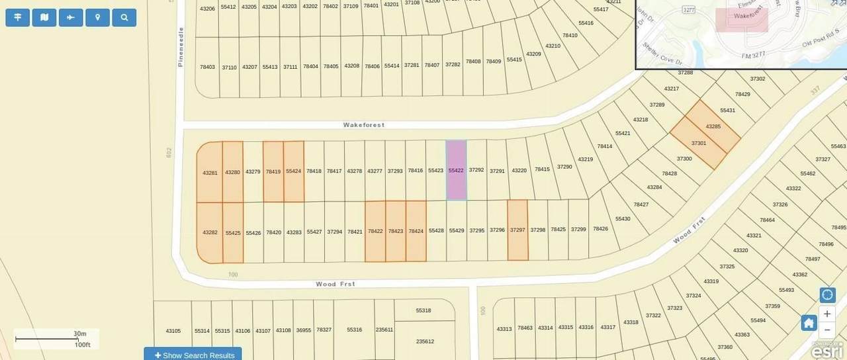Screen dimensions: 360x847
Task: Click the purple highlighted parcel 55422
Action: pyautogui.click(x=456, y=170)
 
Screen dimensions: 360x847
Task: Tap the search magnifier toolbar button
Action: pyautogui.click(x=124, y=17)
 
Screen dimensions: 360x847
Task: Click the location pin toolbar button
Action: pyautogui.click(x=98, y=17)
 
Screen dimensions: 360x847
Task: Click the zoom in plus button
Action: pyautogui.click(x=827, y=314)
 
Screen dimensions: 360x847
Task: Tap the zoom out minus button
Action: pyautogui.click(x=827, y=330)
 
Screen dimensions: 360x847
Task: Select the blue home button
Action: pyautogui.click(x=809, y=323)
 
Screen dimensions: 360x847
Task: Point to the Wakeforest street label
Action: pyautogui.click(x=363, y=124)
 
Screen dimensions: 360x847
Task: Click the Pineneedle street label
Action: pyautogui.click(x=180, y=47)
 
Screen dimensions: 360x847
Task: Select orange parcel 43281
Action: pyautogui.click(x=210, y=173)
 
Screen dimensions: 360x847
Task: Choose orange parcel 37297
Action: pyautogui.click(x=517, y=230)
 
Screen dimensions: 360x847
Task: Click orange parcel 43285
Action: pyautogui.click(x=713, y=126)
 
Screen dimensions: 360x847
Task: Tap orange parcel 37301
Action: pyautogui.click(x=699, y=143)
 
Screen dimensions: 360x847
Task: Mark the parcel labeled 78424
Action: pyautogui.click(x=416, y=231)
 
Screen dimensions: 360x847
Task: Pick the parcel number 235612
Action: pyautogui.click(x=425, y=341)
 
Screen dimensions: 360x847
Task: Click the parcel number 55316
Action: pyautogui.click(x=354, y=330)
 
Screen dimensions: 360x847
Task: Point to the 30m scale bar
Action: pyautogui.click(x=56, y=339)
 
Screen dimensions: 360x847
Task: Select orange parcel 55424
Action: pyautogui.click(x=294, y=171)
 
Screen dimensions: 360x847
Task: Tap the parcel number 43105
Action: pyautogui.click(x=173, y=330)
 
